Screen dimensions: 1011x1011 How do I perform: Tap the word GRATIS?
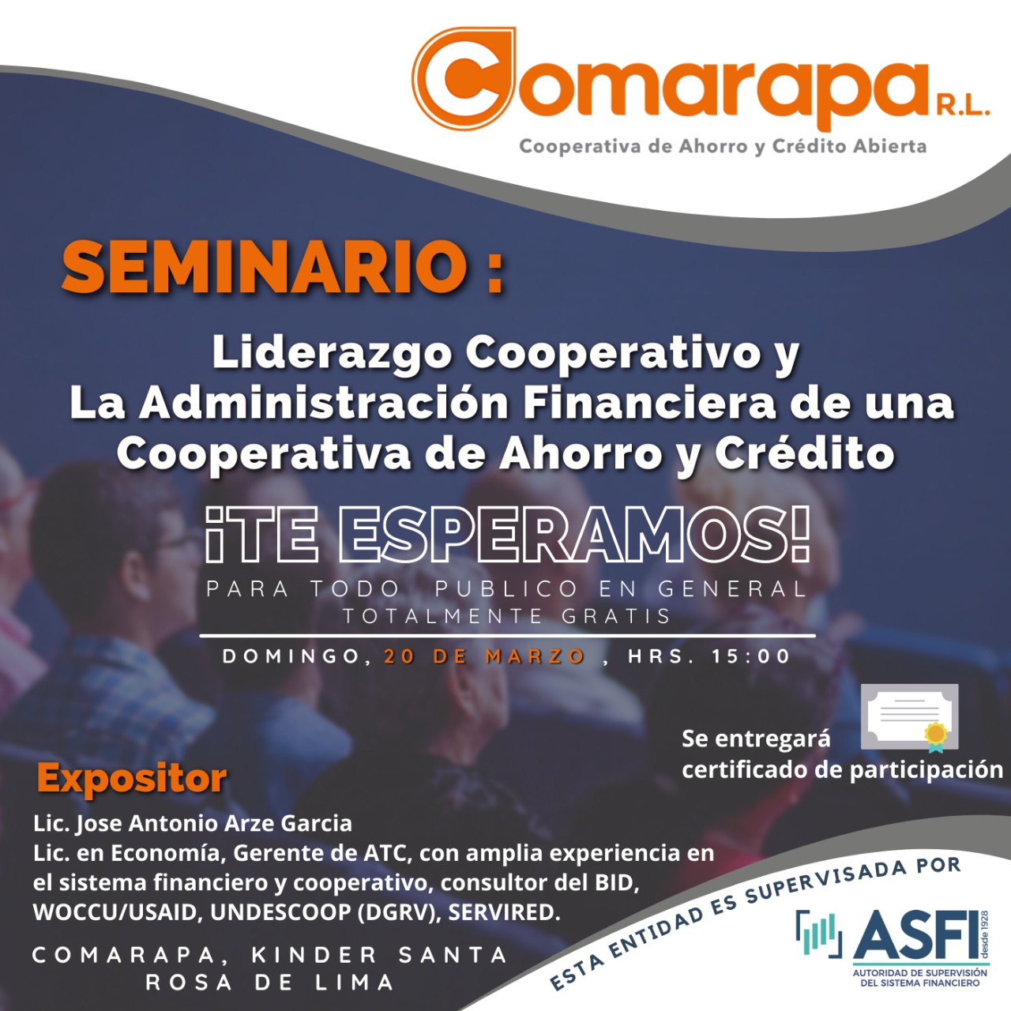[617, 616]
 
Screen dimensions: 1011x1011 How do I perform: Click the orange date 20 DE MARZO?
[484, 656]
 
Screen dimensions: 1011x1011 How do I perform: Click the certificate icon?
[910, 717]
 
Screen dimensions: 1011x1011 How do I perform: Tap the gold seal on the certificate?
[936, 735]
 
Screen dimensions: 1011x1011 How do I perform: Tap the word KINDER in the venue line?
[314, 955]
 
